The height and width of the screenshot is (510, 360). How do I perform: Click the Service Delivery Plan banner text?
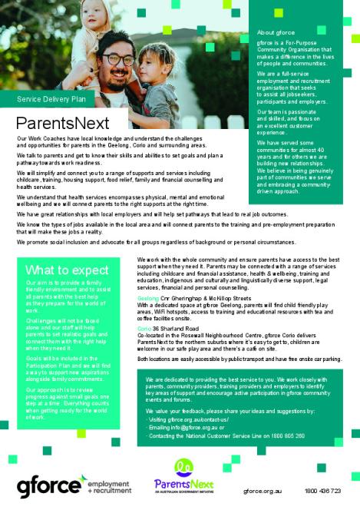(x=56, y=99)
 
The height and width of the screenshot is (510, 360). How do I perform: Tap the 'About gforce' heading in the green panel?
(x=276, y=33)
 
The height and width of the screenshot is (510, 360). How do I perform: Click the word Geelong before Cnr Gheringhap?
(x=148, y=296)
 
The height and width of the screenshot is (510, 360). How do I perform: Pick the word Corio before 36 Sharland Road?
(x=145, y=329)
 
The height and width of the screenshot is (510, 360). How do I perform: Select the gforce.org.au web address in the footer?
(x=265, y=490)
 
